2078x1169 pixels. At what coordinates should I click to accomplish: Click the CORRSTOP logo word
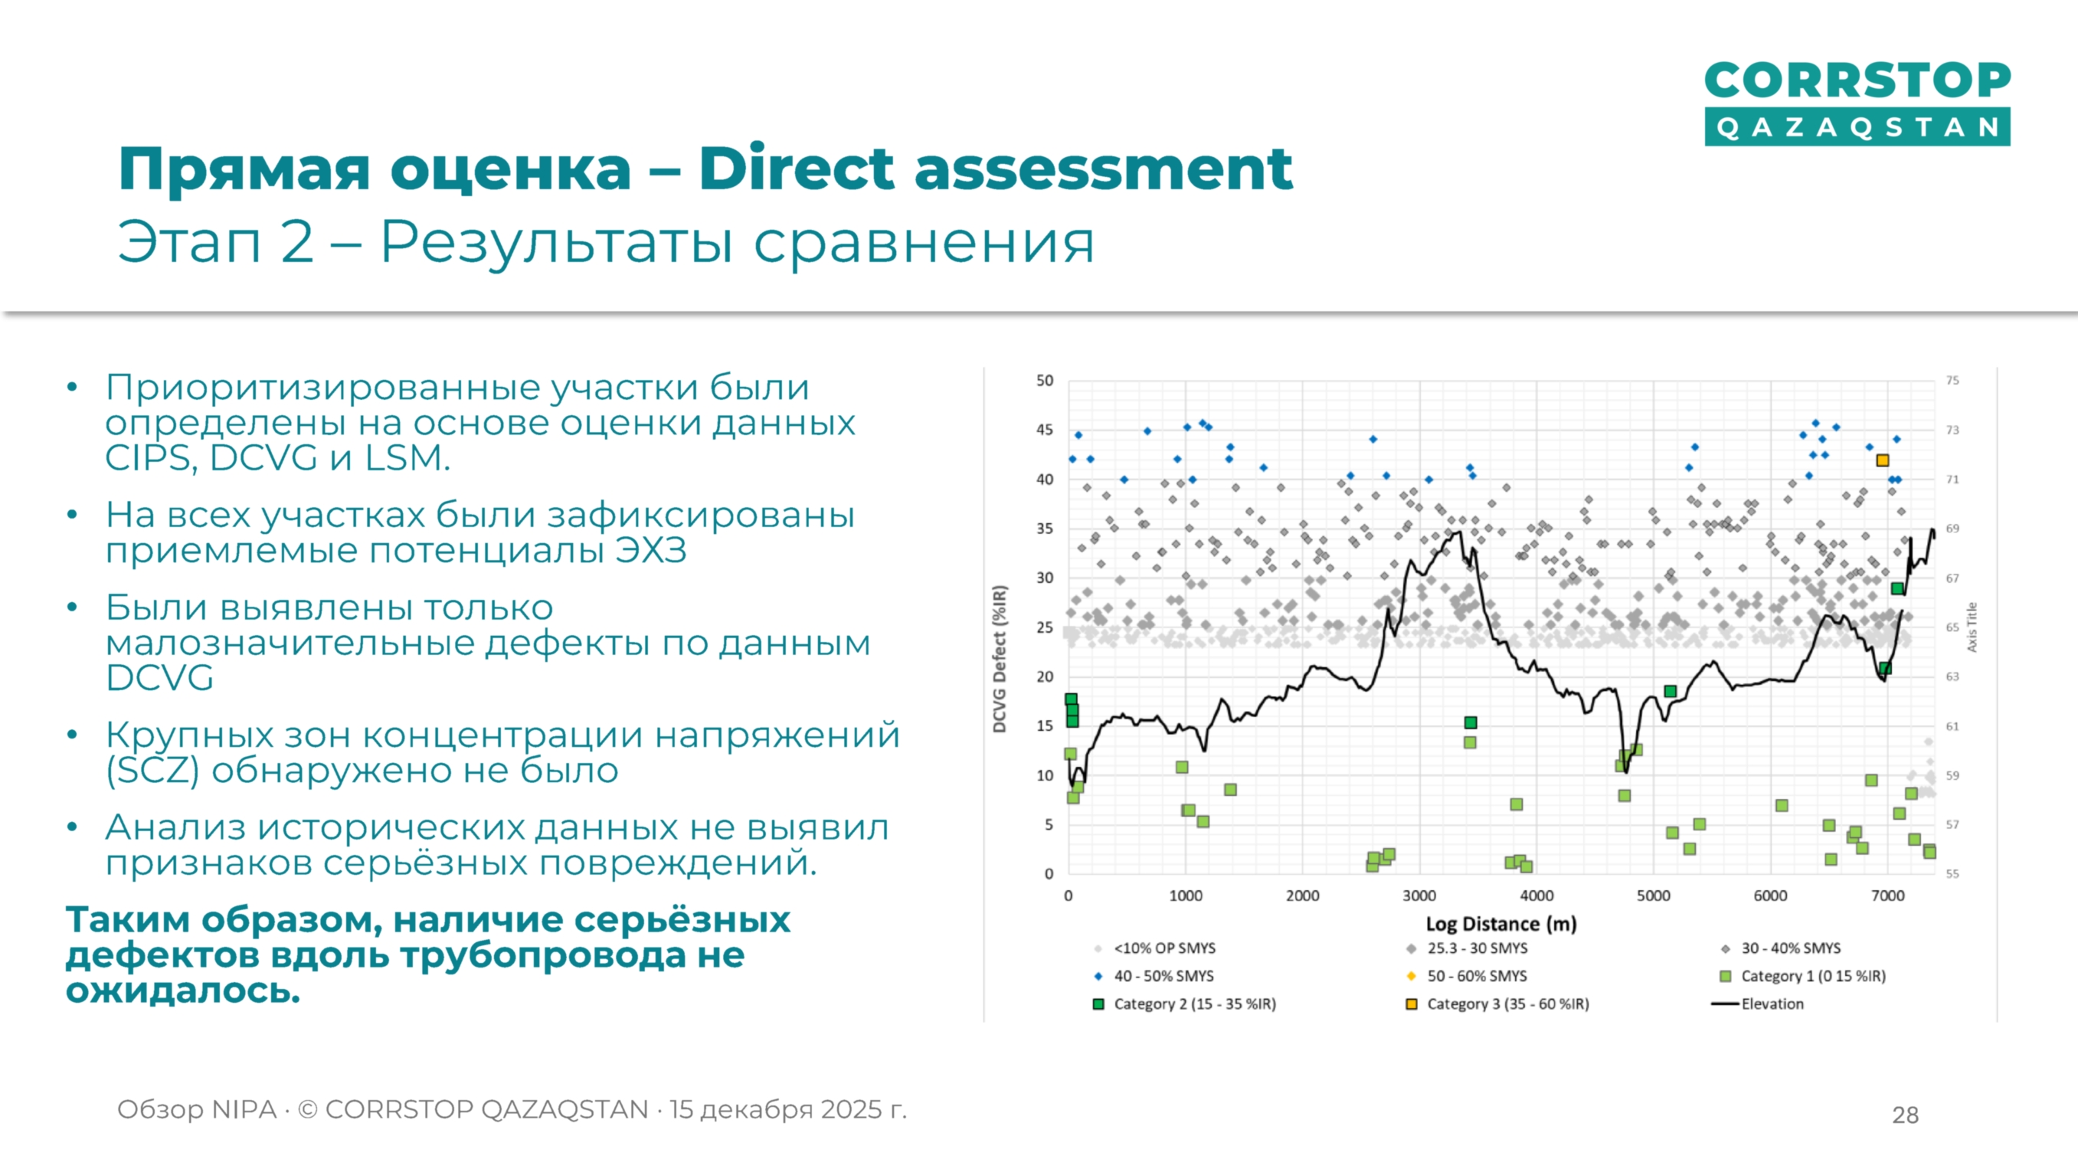click(1857, 80)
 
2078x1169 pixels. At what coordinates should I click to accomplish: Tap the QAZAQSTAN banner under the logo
click(1857, 127)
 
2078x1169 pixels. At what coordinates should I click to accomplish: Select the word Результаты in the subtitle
click(556, 241)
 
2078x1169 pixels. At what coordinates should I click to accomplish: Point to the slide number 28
click(1905, 1115)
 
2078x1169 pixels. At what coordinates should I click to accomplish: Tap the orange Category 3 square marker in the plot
click(1882, 460)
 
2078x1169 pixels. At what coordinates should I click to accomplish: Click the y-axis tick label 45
click(1045, 430)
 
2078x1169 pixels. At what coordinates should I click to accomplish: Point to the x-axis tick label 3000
click(1419, 896)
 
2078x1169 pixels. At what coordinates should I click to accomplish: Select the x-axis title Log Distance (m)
click(1500, 924)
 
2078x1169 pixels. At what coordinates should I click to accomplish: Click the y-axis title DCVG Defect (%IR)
click(1000, 659)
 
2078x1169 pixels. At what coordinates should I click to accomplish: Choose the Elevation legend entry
click(1772, 1004)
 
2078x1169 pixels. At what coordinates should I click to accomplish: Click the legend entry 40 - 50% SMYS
click(1163, 976)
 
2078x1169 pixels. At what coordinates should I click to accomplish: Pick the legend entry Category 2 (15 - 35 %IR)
click(1194, 1004)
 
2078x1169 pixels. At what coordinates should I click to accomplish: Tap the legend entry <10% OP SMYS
click(1164, 948)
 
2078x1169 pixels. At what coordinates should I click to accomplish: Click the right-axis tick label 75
click(1952, 380)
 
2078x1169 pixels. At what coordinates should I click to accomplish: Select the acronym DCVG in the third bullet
click(160, 678)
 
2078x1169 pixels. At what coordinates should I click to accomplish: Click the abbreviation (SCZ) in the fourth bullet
click(152, 771)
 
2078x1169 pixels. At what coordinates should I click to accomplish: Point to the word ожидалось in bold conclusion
click(182, 990)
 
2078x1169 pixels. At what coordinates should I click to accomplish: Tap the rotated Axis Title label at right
click(1972, 627)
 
